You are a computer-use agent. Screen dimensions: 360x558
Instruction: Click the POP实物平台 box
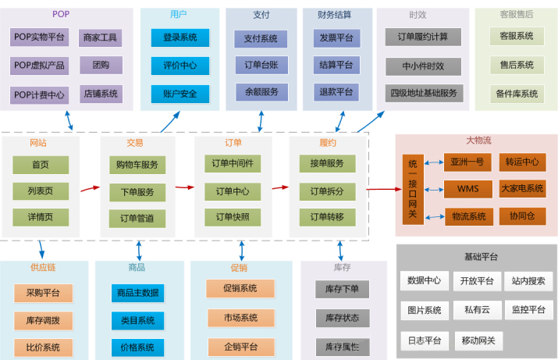(x=40, y=37)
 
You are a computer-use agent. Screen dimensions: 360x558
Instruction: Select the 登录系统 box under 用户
(x=179, y=37)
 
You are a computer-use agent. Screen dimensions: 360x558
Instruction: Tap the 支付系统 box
(x=261, y=37)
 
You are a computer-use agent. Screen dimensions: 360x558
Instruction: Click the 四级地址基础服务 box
(x=423, y=93)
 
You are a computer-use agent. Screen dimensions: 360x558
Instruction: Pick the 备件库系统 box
(x=516, y=94)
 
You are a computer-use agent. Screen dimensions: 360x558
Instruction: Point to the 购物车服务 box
(x=137, y=165)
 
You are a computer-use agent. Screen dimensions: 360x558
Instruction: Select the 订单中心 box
(x=233, y=191)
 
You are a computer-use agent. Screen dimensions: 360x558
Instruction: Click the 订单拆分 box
(x=327, y=191)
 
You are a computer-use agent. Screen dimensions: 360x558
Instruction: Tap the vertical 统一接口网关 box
(x=413, y=190)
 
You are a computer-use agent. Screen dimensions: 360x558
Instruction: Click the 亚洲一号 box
(x=467, y=162)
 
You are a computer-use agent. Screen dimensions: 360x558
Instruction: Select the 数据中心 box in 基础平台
(x=424, y=280)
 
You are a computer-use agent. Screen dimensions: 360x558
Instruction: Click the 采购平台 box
(x=43, y=293)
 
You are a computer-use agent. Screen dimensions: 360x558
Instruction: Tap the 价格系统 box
(x=137, y=347)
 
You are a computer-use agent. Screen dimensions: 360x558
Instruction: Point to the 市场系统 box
(x=240, y=318)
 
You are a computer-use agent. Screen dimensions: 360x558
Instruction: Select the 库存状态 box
(x=342, y=318)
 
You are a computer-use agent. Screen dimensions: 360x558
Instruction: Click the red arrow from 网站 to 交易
(x=91, y=188)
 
